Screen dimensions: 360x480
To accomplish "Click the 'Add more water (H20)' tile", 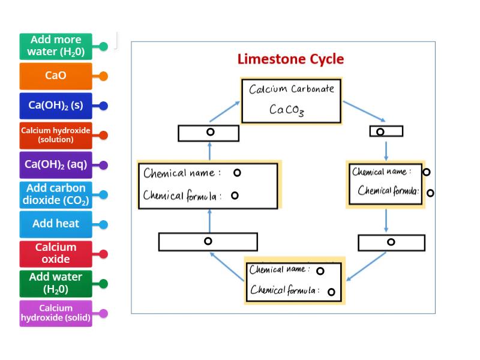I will coord(56,46).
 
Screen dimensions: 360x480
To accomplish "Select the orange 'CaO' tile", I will coord(56,76).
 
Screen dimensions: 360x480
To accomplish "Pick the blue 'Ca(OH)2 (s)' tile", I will coord(56,106).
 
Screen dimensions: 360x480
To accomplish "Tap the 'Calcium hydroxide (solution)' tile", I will coord(56,135).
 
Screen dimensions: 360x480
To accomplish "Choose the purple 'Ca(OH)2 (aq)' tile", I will coord(56,164).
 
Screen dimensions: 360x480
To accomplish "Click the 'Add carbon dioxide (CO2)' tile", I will coord(56,194).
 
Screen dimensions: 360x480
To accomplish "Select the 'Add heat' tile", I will coord(56,224).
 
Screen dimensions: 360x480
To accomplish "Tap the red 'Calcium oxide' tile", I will coord(56,253).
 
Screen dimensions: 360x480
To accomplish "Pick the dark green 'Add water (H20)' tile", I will coord(56,283).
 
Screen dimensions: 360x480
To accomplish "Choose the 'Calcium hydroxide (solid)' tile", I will coord(56,313).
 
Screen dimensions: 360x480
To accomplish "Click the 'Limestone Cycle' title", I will coord(290,59).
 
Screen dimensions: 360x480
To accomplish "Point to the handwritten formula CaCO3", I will coord(286,110).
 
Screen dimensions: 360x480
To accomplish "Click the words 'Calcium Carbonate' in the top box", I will coord(292,89).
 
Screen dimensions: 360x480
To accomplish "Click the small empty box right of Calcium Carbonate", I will coord(386,131).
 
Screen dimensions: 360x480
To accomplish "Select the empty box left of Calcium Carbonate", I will coord(208,133).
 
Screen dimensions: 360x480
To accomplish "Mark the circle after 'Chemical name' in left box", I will coord(237,173).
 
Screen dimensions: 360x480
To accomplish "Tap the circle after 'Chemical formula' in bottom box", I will coord(331,292).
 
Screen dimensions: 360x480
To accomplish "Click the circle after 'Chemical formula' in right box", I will coord(430,193).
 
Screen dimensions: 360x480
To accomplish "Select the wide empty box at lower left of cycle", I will coord(208,241).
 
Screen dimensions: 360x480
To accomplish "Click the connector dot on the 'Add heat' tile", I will coord(103,224).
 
